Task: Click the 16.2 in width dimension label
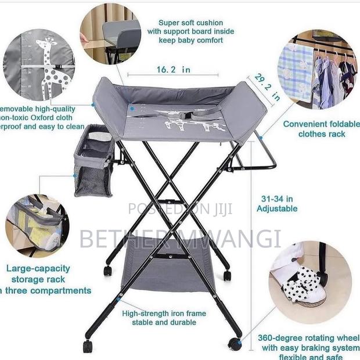point(173,70)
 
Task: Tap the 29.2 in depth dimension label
point(268,88)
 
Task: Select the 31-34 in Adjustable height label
point(277,203)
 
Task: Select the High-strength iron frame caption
point(164,318)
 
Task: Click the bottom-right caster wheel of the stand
point(235,343)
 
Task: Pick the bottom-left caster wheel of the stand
point(88,346)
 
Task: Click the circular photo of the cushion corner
point(110,34)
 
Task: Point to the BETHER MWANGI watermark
point(180,239)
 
